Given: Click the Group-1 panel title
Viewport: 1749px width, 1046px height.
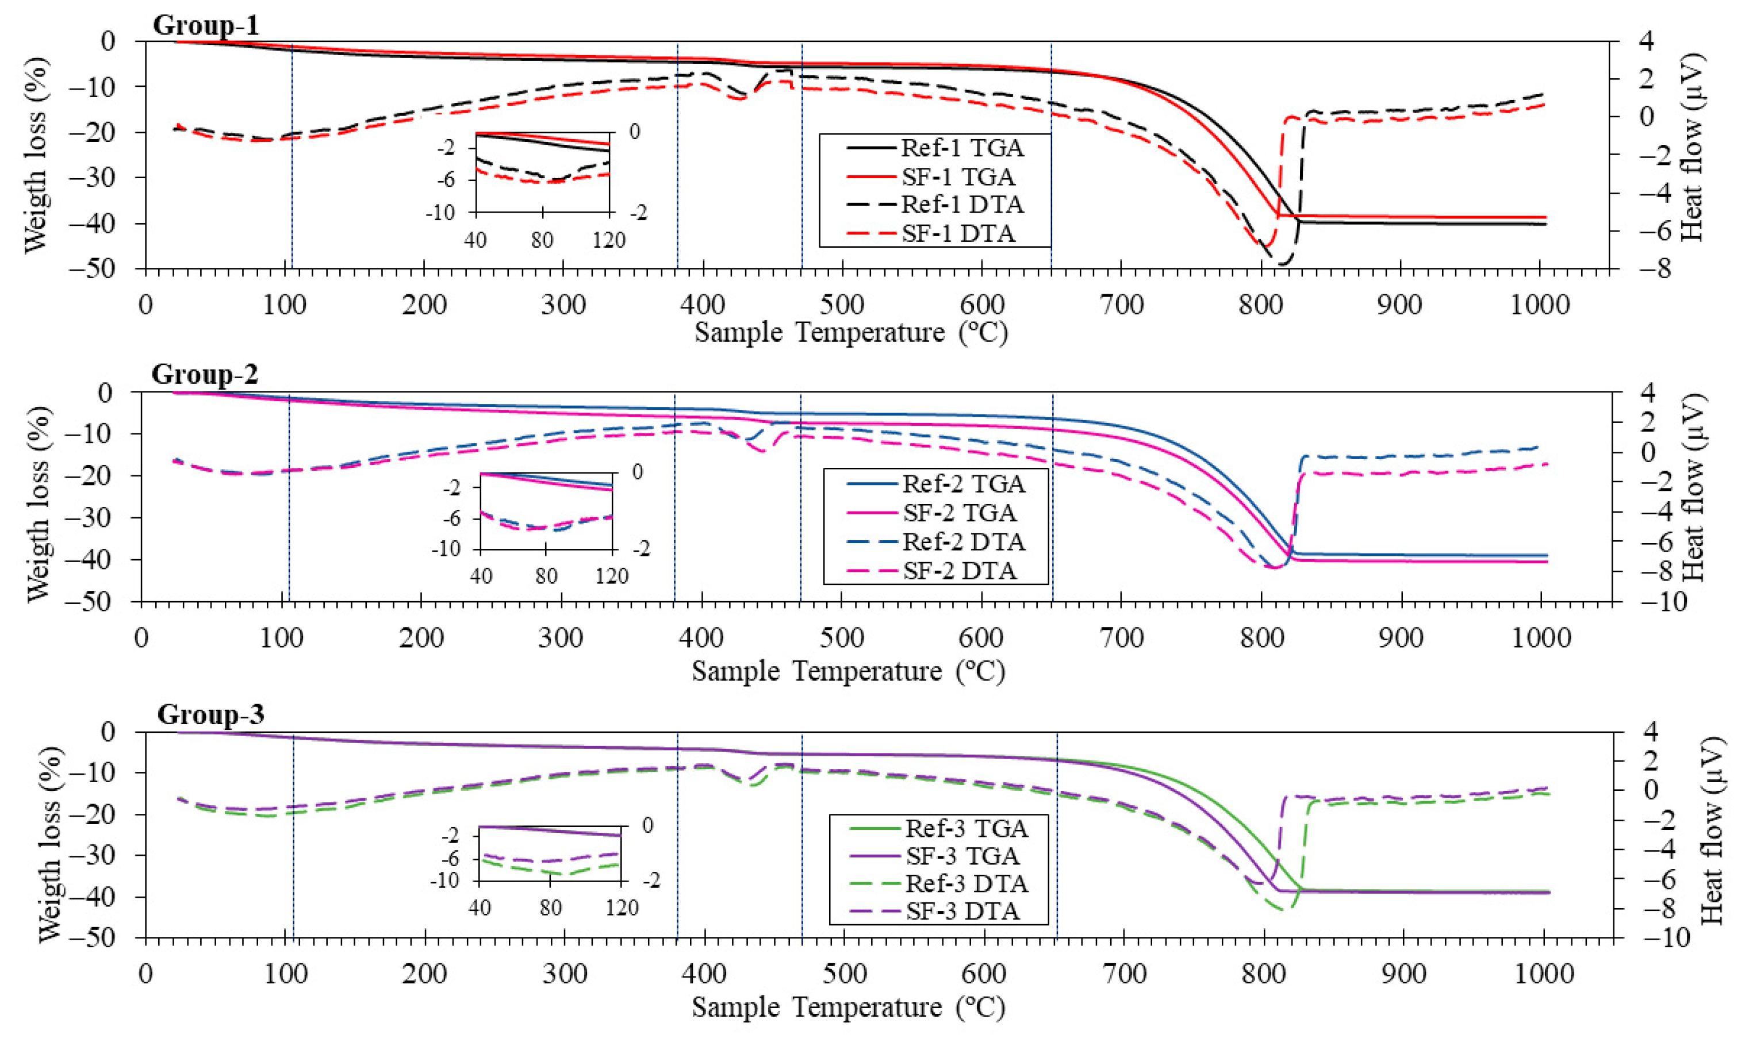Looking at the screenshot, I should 206,25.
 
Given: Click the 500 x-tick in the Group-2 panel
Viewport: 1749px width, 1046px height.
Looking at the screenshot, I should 841,638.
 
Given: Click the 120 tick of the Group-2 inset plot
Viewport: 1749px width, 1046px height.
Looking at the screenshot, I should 611,576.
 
